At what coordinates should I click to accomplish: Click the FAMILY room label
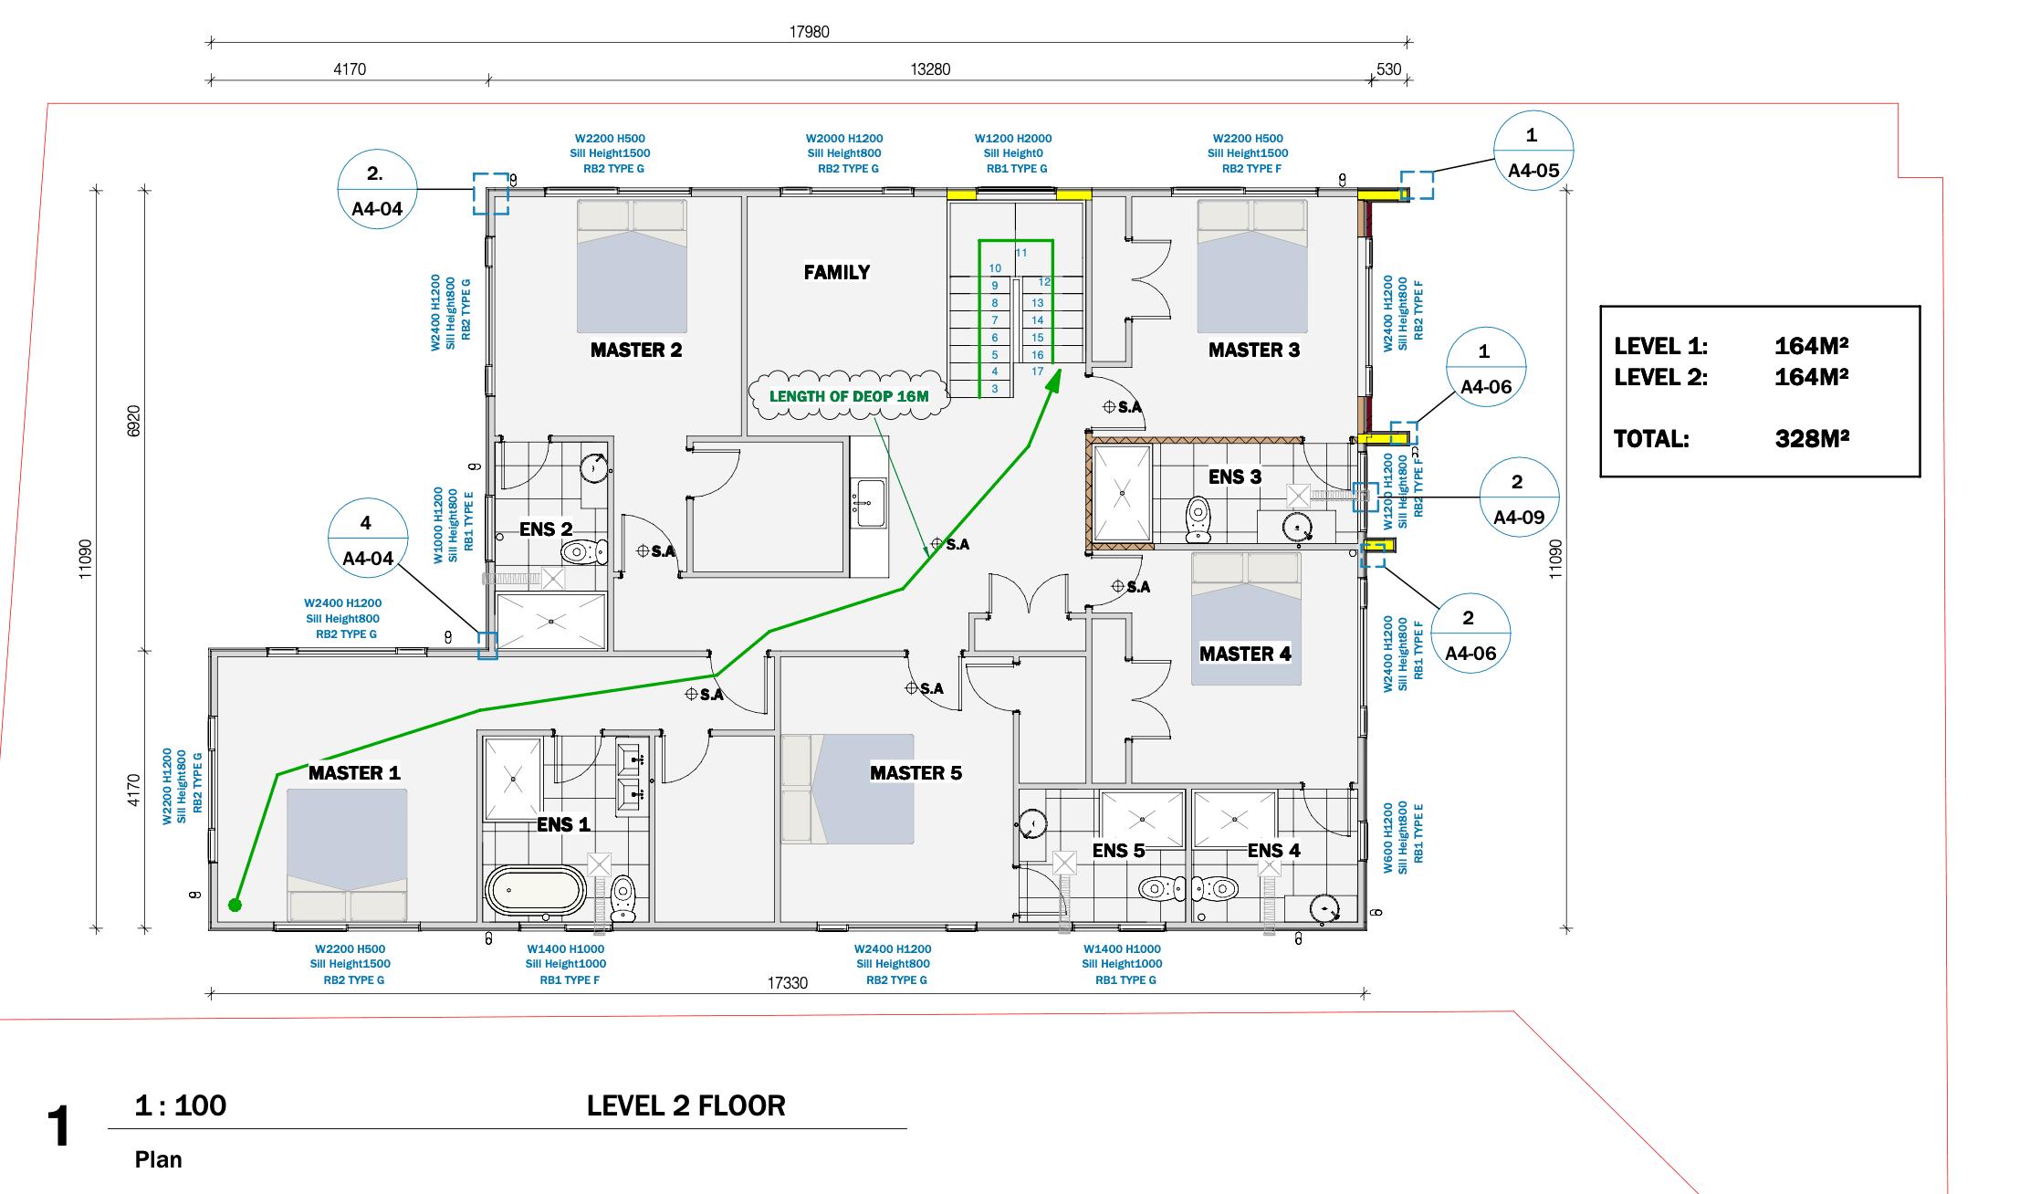(836, 272)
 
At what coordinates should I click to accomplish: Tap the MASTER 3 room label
(1253, 350)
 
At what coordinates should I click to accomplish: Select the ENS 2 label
(546, 529)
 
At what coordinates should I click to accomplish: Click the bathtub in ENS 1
(536, 890)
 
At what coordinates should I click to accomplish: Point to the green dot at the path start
(235, 905)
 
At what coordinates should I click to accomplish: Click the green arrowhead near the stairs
(1054, 380)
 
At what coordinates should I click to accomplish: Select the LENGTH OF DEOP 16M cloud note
(848, 396)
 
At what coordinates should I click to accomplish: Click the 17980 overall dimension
(809, 32)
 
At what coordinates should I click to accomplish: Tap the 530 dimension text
(1388, 69)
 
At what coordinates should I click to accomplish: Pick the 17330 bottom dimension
(787, 983)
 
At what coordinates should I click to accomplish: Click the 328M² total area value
(1811, 439)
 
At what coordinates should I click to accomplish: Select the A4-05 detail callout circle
(1533, 152)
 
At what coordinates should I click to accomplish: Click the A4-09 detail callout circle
(1518, 498)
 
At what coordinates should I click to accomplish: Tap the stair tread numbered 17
(1037, 372)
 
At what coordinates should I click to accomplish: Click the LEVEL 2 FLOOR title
(685, 1106)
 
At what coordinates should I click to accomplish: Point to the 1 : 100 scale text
(181, 1105)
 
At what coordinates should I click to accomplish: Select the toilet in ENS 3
(1198, 518)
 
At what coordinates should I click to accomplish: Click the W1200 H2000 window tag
(1012, 139)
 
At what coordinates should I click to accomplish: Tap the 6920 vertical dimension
(133, 421)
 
